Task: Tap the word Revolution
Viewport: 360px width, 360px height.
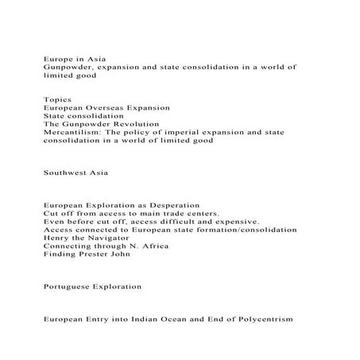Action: click(x=136, y=124)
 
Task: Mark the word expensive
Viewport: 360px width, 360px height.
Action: click(x=234, y=222)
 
